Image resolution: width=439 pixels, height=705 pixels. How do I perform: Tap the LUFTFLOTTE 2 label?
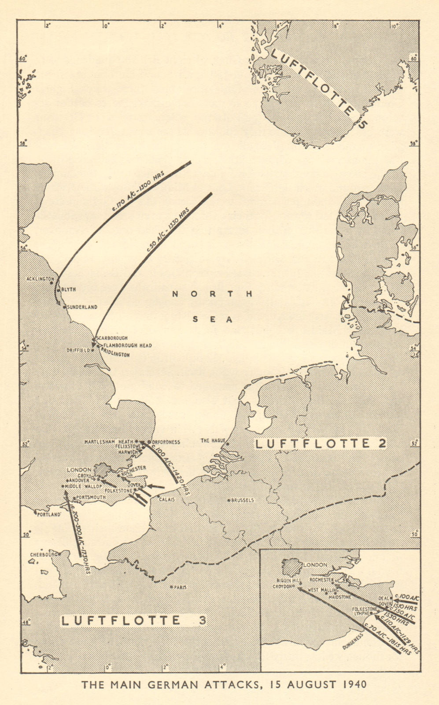(321, 444)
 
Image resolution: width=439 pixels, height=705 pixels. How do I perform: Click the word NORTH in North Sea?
(212, 294)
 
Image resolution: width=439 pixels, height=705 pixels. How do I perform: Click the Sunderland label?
(82, 307)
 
